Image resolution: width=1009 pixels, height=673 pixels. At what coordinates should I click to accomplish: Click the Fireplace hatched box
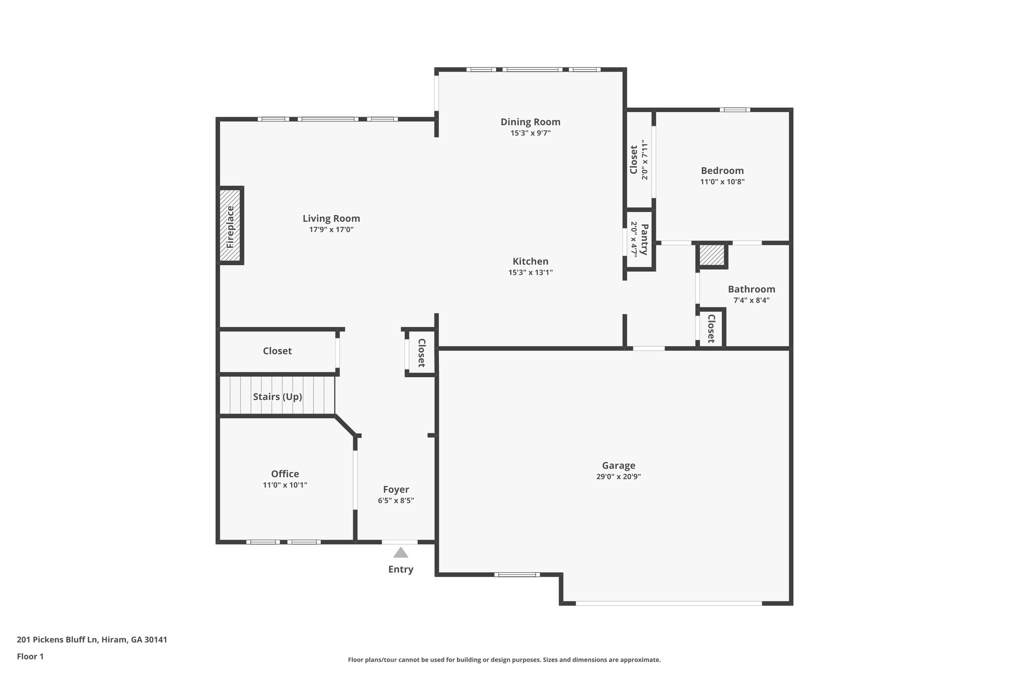click(230, 226)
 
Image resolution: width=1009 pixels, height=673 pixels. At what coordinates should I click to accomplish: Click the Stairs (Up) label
click(277, 397)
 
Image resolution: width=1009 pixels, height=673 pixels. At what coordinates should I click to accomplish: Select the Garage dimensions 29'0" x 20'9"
click(618, 477)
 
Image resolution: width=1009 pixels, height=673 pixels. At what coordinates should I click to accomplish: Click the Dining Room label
click(530, 122)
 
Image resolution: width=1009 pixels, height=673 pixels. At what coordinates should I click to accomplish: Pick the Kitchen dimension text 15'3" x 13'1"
click(530, 273)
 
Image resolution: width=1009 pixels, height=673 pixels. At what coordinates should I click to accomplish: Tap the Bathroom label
click(751, 289)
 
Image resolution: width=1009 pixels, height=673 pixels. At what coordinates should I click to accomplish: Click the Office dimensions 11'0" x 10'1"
click(285, 485)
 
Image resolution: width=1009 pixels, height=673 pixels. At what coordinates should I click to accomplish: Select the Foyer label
click(396, 490)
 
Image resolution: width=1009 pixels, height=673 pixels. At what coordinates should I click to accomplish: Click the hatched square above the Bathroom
click(712, 255)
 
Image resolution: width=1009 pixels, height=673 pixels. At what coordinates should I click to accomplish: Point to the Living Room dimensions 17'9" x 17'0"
click(331, 230)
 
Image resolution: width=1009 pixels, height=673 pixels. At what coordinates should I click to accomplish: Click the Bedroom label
click(722, 171)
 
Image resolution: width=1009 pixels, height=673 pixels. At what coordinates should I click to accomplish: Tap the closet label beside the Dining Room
click(634, 159)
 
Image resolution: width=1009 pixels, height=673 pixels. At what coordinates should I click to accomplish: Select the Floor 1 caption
click(31, 656)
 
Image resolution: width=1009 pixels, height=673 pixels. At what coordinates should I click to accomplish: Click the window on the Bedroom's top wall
click(735, 110)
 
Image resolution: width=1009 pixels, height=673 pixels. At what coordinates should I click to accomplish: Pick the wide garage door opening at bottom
click(669, 603)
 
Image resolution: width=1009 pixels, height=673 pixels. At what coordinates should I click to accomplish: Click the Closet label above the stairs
click(277, 351)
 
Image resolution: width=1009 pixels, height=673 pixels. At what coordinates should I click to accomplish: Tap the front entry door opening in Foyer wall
click(400, 542)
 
